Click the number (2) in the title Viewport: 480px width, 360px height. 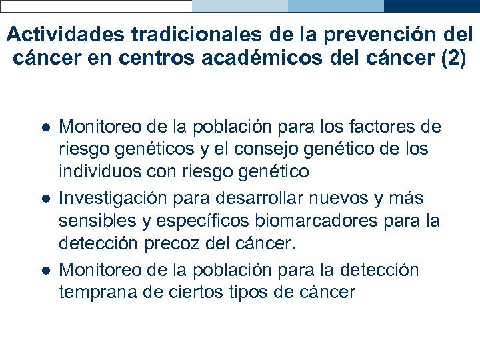click(x=453, y=57)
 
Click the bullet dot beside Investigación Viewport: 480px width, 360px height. click(x=43, y=199)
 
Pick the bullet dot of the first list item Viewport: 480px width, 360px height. click(x=43, y=127)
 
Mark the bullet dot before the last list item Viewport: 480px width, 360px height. click(x=43, y=271)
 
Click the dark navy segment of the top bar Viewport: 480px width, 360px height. click(x=431, y=6)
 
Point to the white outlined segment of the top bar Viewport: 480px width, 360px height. click(x=96, y=6)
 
